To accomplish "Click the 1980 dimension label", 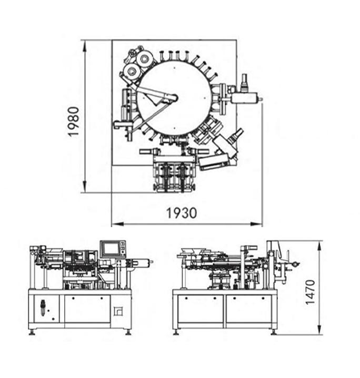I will (73, 121).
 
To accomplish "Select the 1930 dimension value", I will (182, 213).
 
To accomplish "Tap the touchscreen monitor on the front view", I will (110, 248).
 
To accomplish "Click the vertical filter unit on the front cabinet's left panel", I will (43, 308).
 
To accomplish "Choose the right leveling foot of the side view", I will (273, 331).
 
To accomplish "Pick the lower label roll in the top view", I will (130, 71).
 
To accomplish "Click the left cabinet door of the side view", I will (200, 309).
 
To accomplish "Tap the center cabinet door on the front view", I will (87, 309).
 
